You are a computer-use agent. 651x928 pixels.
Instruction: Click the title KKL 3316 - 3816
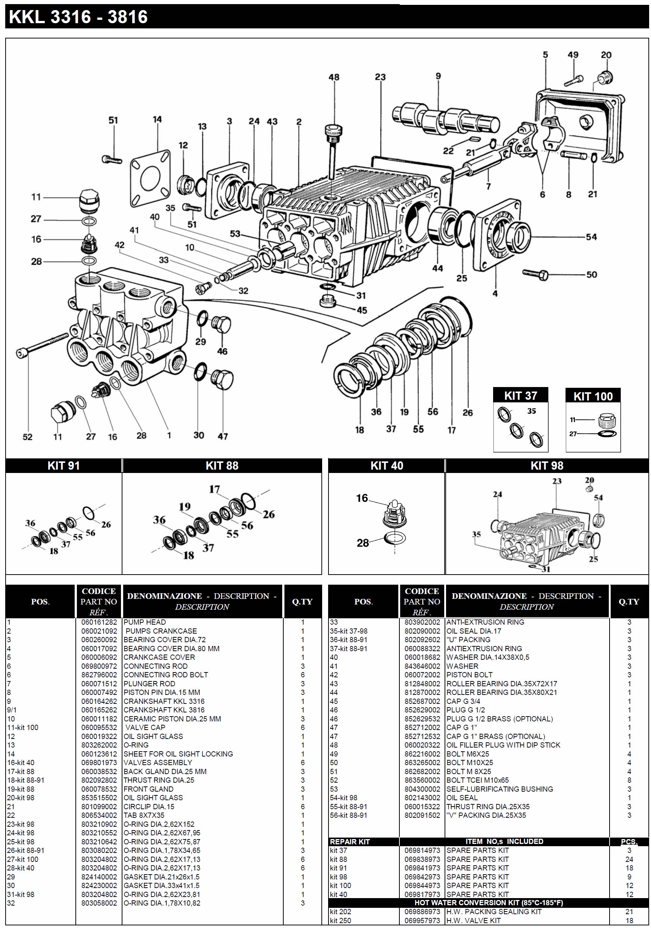(x=78, y=17)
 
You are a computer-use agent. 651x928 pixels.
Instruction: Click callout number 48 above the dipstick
(x=334, y=77)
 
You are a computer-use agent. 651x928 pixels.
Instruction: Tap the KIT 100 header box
(x=593, y=396)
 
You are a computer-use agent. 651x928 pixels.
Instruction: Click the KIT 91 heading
(x=64, y=465)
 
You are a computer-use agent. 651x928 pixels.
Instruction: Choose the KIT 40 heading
(x=386, y=465)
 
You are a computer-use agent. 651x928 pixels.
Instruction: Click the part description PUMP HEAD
(x=144, y=622)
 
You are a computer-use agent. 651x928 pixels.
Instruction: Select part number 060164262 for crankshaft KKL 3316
(x=99, y=701)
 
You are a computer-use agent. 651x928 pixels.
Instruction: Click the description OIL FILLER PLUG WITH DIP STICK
(x=503, y=745)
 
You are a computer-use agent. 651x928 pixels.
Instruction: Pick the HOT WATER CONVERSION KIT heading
(x=488, y=903)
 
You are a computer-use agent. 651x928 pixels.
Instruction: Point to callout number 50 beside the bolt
(x=591, y=275)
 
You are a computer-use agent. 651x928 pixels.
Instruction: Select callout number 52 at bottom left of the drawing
(x=28, y=437)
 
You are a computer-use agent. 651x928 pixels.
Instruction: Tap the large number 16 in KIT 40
(x=362, y=498)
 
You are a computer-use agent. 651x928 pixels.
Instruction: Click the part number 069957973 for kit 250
(x=422, y=920)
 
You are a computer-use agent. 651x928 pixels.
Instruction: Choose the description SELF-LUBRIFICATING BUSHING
(x=499, y=789)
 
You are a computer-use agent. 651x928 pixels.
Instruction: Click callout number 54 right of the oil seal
(x=591, y=237)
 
